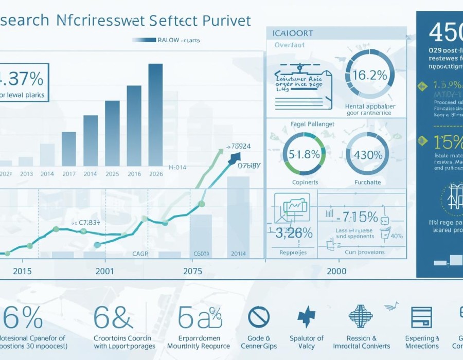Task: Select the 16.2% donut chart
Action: (366, 75)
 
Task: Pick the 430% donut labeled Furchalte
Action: (367, 154)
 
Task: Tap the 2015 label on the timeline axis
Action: (22, 271)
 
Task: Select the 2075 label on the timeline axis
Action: (192, 271)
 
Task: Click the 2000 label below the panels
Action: (336, 271)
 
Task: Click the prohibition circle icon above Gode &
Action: (259, 317)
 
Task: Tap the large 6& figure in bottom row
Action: (113, 318)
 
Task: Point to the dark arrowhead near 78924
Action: (236, 158)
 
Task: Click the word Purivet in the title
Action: (227, 21)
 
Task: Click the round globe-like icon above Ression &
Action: (361, 316)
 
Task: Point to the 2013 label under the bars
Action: (27, 174)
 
